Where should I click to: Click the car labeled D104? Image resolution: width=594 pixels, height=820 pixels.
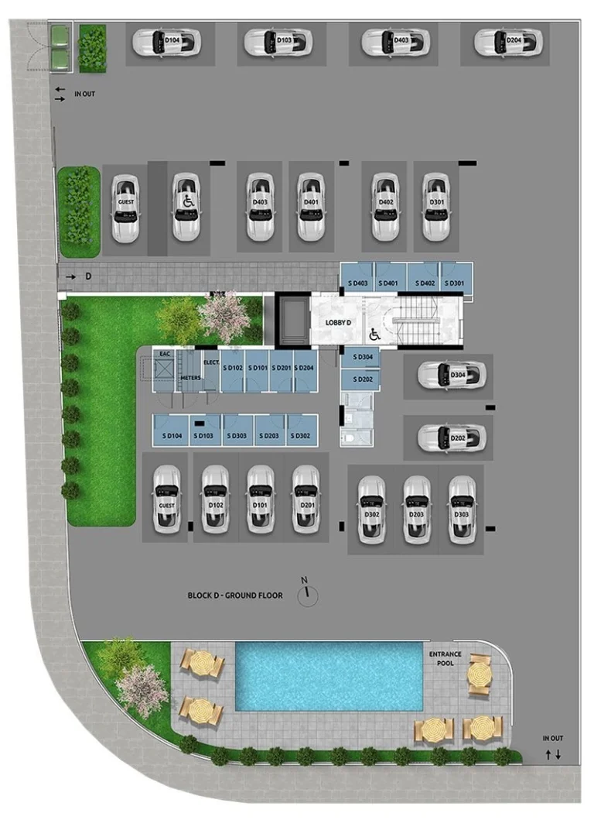click(166, 42)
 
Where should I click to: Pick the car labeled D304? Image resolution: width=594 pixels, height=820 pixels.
click(452, 376)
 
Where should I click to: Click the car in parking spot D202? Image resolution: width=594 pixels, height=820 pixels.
click(452, 437)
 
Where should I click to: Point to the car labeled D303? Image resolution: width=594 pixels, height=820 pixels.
click(462, 509)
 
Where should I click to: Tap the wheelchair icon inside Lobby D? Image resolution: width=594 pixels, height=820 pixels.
click(374, 335)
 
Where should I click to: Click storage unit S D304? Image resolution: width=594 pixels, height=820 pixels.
click(360, 358)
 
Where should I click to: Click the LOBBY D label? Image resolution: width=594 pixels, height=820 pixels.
click(337, 322)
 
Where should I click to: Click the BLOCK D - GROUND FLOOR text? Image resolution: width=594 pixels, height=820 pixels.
click(235, 595)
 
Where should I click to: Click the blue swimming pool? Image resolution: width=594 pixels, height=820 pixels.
click(329, 675)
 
